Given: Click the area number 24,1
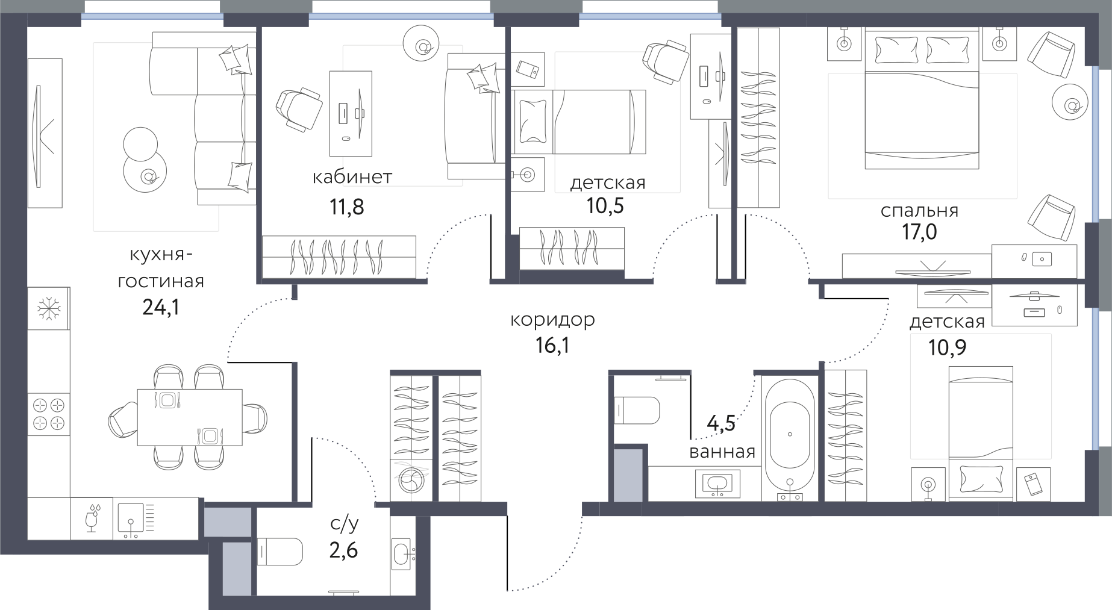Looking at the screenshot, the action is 161,308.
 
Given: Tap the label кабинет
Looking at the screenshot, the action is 352,176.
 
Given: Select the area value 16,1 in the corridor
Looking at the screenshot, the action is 552,345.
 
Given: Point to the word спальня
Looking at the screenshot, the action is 919,211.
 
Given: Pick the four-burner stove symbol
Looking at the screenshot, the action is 49,414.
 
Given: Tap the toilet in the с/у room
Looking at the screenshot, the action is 280,551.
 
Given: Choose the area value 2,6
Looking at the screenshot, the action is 343,550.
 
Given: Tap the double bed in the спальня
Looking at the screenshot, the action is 922,99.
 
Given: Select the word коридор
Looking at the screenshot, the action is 552,320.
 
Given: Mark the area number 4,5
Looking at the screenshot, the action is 721,423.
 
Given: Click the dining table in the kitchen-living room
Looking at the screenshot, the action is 190,417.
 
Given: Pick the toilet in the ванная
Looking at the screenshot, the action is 637,410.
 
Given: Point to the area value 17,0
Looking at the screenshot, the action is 919,232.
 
